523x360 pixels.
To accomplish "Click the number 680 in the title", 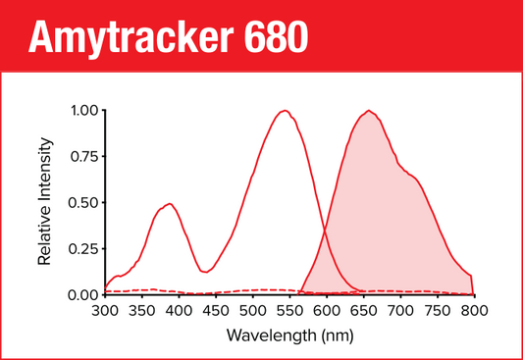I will pos(276,37).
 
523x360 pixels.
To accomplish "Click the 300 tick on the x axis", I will pos(104,311).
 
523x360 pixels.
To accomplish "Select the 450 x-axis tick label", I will pos(215,311).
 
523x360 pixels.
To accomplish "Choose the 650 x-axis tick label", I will pos(363,311).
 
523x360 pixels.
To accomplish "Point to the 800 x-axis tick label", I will pos(474,311).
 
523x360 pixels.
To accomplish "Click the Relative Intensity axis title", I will pos(44,202).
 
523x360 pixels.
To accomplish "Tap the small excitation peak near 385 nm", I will pos(169,204).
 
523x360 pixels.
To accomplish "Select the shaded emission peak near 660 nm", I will pos(369,111).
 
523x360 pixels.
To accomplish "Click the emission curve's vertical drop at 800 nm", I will pos(473,284).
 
